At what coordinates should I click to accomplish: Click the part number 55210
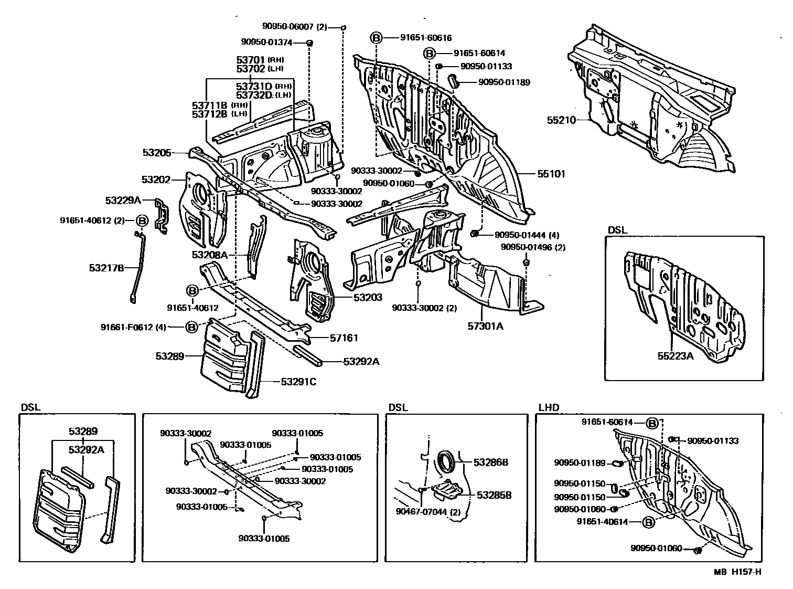point(561,120)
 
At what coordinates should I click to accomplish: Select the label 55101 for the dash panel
point(551,174)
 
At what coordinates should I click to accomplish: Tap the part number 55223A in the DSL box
point(676,356)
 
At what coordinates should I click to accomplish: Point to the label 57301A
point(485,326)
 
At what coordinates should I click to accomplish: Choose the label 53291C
point(298,382)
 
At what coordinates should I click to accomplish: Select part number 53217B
point(106,268)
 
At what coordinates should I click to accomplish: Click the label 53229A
point(123,200)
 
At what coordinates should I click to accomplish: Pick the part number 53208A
point(210,255)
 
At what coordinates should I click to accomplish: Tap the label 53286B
point(491,462)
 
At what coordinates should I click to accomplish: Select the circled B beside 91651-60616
point(377,38)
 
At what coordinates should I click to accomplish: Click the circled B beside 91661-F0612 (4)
point(191,327)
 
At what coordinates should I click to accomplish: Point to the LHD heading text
point(549,407)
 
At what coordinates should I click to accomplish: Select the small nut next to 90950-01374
point(309,43)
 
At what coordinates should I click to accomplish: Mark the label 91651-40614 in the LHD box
point(602,522)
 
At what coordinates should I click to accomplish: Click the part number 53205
point(157,153)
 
